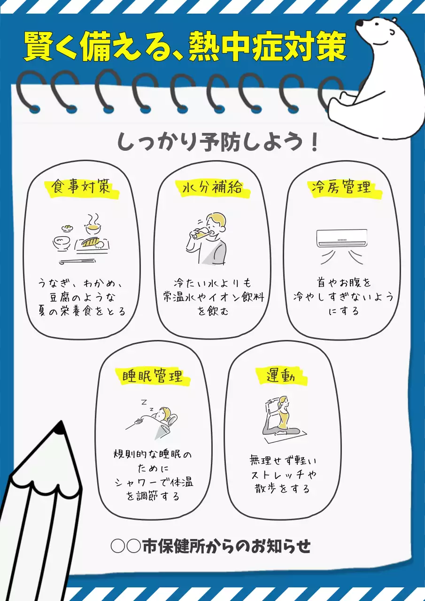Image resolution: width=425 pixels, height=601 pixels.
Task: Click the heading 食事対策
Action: click(81, 187)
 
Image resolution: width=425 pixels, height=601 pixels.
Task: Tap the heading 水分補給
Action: click(212, 187)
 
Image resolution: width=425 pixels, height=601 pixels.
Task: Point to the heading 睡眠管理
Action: click(152, 376)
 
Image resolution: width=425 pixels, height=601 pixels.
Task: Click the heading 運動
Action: click(280, 376)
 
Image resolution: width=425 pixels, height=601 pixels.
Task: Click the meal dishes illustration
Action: click(81, 238)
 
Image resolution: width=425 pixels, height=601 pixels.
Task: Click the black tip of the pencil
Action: click(58, 427)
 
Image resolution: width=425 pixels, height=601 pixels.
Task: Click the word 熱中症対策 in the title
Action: click(268, 47)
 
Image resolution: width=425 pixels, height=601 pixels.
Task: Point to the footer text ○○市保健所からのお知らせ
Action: click(211, 546)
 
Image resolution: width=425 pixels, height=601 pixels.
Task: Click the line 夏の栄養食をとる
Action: click(82, 311)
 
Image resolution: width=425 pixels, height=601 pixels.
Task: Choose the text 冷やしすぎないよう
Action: click(343, 297)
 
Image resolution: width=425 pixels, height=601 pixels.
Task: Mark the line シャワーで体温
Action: click(153, 482)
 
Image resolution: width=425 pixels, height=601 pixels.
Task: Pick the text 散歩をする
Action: click(280, 488)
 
